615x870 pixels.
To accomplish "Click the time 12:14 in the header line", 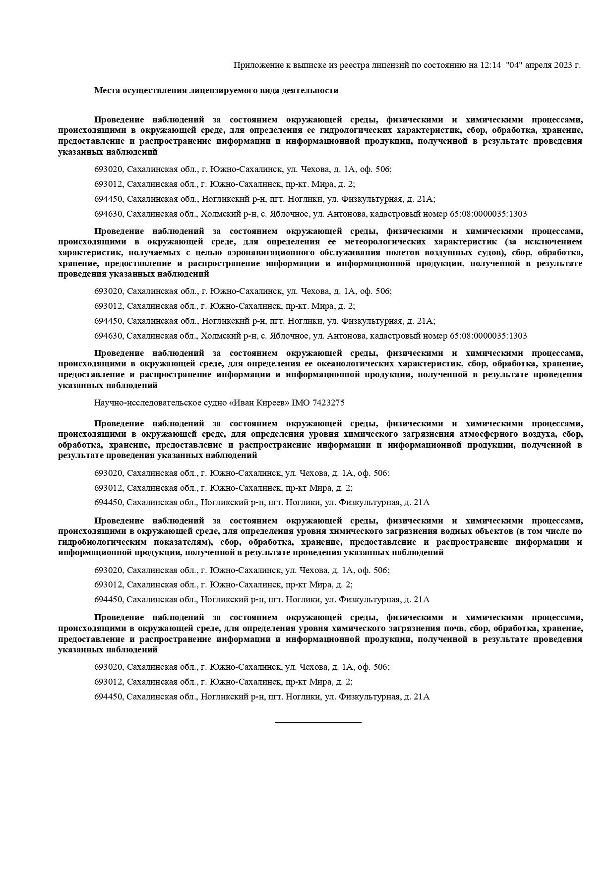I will click(x=491, y=65).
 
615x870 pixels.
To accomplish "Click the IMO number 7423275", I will click(x=328, y=403).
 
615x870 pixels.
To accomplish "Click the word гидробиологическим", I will click(x=98, y=542).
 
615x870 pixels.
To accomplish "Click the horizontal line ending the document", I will click(x=318, y=723).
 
